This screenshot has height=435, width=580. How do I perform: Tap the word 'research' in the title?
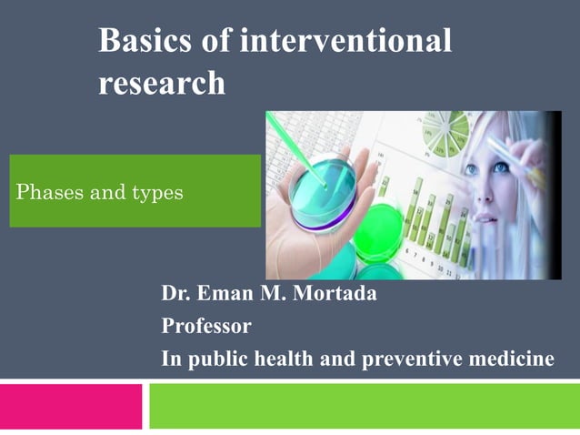pos(161,83)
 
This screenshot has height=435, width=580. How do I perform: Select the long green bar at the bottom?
pos(364,406)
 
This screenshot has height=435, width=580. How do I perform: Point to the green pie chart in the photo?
pos(445,133)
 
